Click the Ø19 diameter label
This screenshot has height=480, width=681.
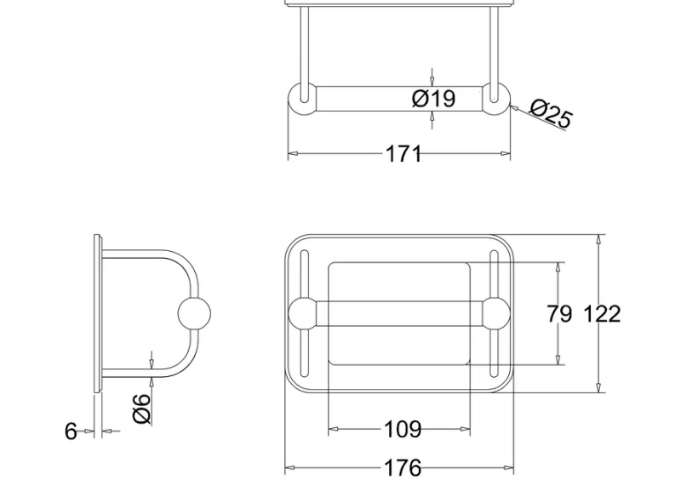click(434, 99)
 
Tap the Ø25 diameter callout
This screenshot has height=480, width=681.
click(551, 113)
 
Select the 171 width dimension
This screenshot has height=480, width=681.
click(403, 154)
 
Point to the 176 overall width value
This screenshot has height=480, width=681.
click(403, 468)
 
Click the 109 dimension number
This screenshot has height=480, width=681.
click(403, 429)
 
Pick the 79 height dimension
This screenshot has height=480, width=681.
click(559, 314)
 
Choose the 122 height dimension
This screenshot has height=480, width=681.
click(602, 314)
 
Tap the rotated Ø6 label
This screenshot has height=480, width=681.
click(141, 409)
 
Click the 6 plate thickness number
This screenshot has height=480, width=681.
click(71, 431)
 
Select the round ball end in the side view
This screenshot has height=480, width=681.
click(194, 314)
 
